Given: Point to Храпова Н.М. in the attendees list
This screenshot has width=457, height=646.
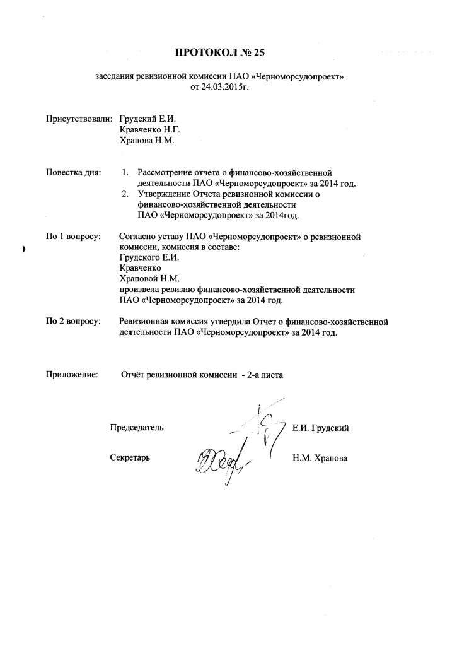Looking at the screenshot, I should click(146, 141).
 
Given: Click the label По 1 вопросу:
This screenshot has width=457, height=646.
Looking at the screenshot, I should click(74, 236).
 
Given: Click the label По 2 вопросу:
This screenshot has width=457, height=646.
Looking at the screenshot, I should click(74, 322).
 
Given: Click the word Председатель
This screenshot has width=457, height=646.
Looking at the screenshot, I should click(137, 428).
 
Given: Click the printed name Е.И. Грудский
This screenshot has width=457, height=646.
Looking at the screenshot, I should click(321, 428).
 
